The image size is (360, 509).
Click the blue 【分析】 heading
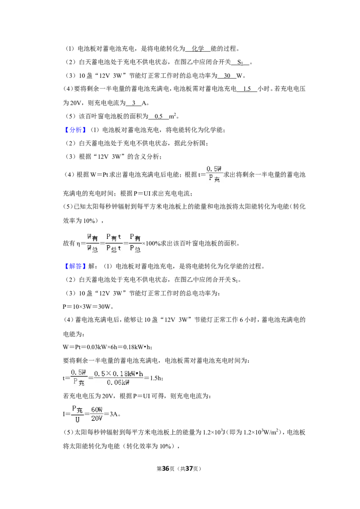pyautogui.click(x=75, y=130)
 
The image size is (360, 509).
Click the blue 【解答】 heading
pyautogui.click(x=75, y=266)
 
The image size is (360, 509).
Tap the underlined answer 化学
pyautogui.click(x=198, y=49)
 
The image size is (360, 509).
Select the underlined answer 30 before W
pyautogui.click(x=227, y=76)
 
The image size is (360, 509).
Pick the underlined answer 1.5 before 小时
pyautogui.click(x=247, y=89)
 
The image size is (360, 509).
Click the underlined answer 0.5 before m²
pyautogui.click(x=158, y=116)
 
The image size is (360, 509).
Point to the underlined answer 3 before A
pyautogui.click(x=134, y=103)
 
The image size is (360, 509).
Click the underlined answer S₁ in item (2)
pyautogui.click(x=240, y=63)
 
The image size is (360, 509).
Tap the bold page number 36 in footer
pyautogui.click(x=166, y=469)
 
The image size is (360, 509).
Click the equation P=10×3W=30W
pyautogui.click(x=88, y=307)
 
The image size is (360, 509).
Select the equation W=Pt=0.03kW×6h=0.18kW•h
pyautogui.click(x=108, y=347)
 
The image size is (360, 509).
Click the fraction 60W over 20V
pyautogui.click(x=97, y=414)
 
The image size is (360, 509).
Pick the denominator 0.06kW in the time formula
pyautogui.click(x=118, y=383)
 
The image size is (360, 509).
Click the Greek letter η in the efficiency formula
pyautogui.click(x=78, y=243)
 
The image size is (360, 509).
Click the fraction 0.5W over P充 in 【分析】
pyautogui.click(x=215, y=174)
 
